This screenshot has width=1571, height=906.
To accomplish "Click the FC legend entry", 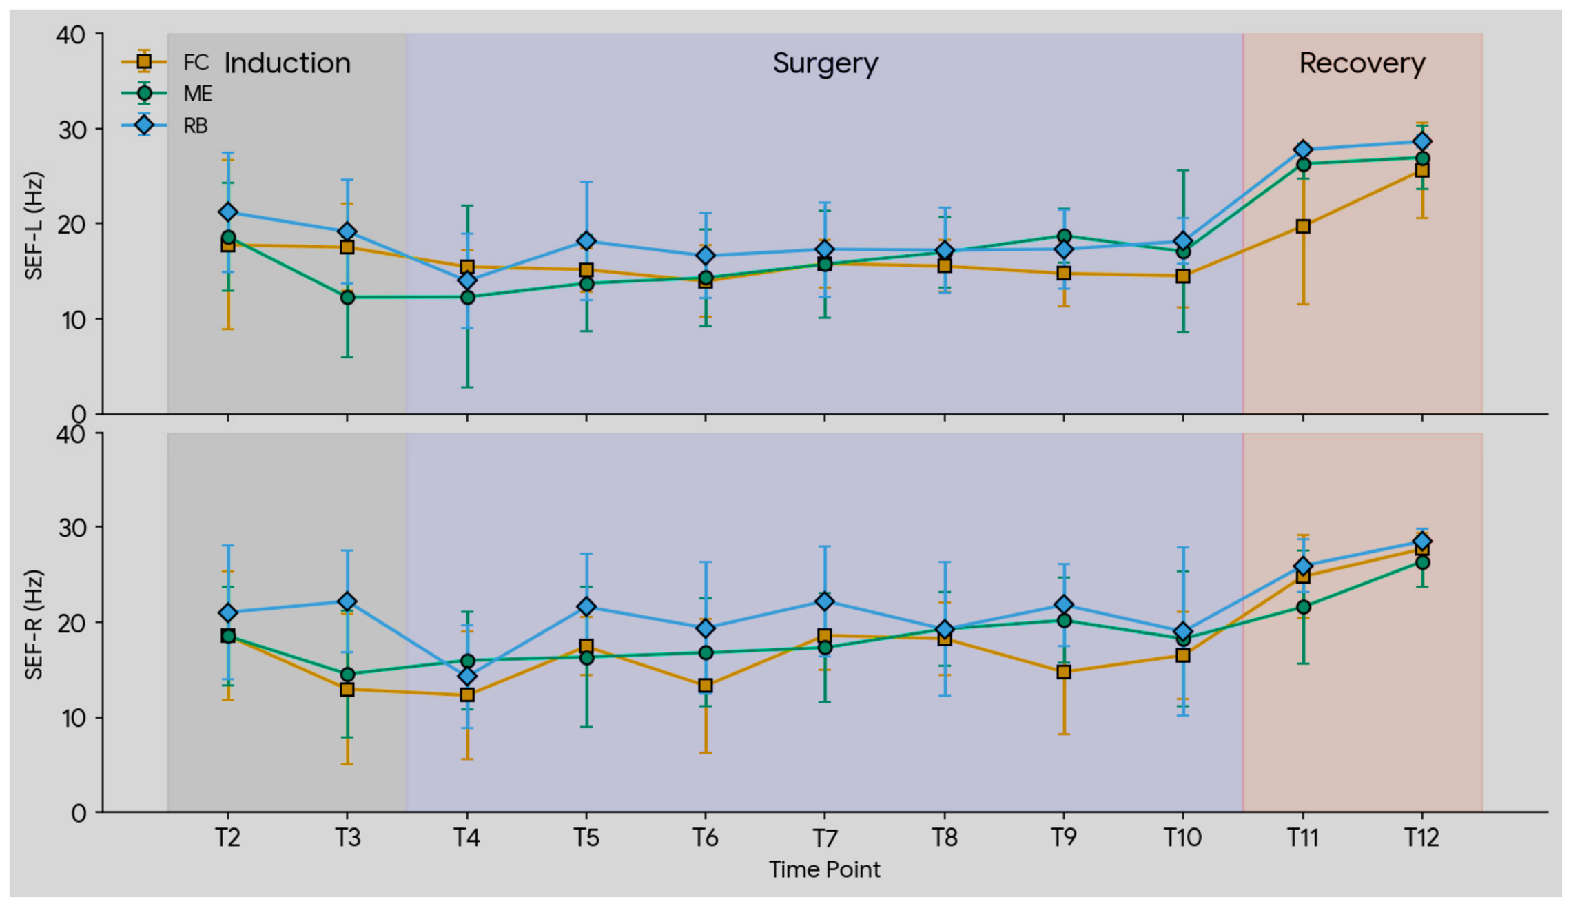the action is click(x=165, y=62).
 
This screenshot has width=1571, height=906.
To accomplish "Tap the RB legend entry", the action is click(x=165, y=125).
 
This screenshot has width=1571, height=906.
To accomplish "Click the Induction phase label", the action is click(x=287, y=63).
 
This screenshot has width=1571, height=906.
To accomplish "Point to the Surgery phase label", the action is click(x=825, y=64).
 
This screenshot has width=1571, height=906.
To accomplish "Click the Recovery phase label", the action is click(x=1362, y=63).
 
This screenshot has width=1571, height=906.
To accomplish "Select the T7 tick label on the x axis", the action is click(x=825, y=838).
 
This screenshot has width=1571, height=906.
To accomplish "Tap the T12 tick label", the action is click(x=1422, y=838).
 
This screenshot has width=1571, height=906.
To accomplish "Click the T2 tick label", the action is click(x=228, y=838).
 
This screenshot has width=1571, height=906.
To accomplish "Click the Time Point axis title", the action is click(x=825, y=869).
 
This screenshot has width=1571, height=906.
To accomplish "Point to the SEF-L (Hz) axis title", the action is click(x=34, y=225).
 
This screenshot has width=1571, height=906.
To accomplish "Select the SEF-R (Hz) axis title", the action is click(x=34, y=624).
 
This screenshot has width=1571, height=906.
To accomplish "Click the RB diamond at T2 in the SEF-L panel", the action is click(x=228, y=212).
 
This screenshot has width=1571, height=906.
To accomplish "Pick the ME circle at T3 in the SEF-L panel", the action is click(x=347, y=297).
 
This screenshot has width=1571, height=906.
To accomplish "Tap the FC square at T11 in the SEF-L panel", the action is click(x=1303, y=226).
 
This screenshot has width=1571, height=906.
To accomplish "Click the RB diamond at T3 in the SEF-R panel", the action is click(x=347, y=601).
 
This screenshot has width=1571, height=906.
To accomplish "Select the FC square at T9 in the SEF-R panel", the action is click(x=1064, y=672).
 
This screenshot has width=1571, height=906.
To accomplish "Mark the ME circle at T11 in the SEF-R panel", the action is click(x=1303, y=607).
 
